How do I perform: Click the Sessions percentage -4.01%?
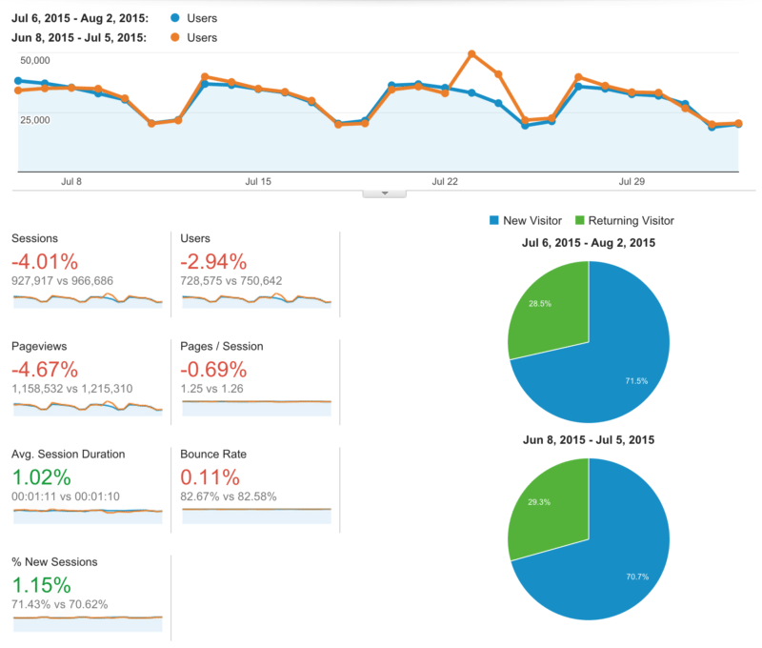click(x=45, y=262)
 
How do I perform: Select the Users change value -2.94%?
click(x=213, y=262)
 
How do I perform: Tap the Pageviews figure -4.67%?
click(x=45, y=370)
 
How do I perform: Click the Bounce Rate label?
click(x=214, y=455)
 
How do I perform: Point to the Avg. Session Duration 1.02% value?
click(x=41, y=477)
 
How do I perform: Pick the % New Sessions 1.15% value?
click(x=41, y=585)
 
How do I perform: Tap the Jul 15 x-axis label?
click(x=258, y=181)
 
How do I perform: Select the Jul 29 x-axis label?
click(x=632, y=181)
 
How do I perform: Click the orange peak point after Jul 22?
click(x=472, y=54)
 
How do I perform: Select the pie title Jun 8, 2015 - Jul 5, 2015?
click(x=588, y=440)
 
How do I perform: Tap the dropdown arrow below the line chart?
click(x=385, y=192)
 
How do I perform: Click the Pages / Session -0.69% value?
click(x=213, y=370)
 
